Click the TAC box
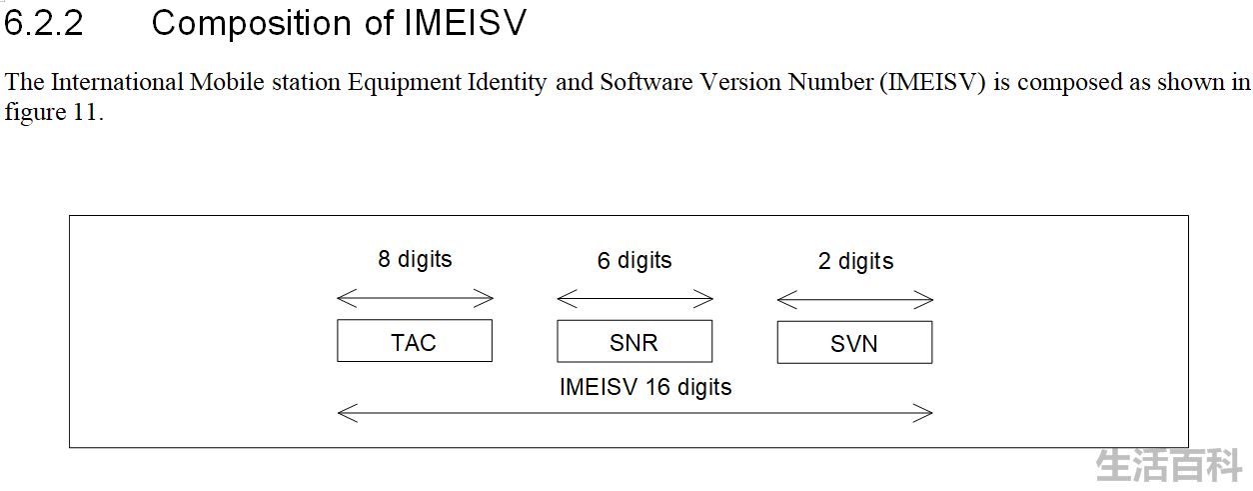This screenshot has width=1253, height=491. pos(415,341)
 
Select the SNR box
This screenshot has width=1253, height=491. pos(634,342)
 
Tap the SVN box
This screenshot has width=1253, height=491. pos(854,343)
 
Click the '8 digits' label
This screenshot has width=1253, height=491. pos(415,260)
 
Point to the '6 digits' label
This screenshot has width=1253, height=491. pos(634,261)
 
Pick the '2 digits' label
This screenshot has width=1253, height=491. pos(855,262)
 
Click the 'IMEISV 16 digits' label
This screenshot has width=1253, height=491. pos(644,387)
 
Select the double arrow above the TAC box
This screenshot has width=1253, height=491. pos(415,298)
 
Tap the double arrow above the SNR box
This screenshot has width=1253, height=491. pos(634,299)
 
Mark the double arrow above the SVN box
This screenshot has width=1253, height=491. pos(855,300)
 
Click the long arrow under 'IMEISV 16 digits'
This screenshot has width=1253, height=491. pos(634,413)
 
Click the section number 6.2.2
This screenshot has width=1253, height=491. pos(44,24)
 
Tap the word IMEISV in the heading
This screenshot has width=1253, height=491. pos(466,24)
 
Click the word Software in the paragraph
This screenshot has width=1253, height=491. pos(646,82)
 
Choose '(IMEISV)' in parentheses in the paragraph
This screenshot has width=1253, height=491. pos(932,83)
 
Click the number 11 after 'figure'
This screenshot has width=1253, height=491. pos(85,112)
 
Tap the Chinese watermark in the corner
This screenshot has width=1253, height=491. pos(1169,466)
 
